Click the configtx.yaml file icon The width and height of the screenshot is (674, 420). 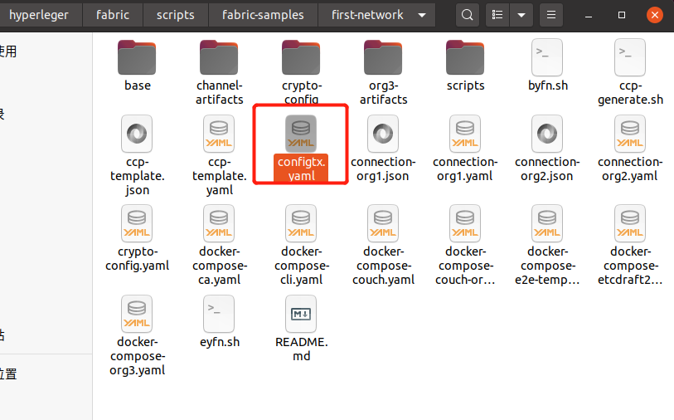pyautogui.click(x=300, y=133)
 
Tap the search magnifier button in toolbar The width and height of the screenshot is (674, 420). pyautogui.click(x=468, y=15)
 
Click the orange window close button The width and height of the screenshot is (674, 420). pyautogui.click(x=655, y=15)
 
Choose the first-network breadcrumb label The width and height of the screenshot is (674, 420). pyautogui.click(x=367, y=15)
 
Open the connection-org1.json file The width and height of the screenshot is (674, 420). pyautogui.click(x=382, y=133)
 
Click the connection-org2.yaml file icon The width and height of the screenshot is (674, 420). pyautogui.click(x=629, y=133)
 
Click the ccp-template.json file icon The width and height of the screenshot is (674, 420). pyautogui.click(x=137, y=133)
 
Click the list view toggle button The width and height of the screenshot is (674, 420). pyautogui.click(x=497, y=15)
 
